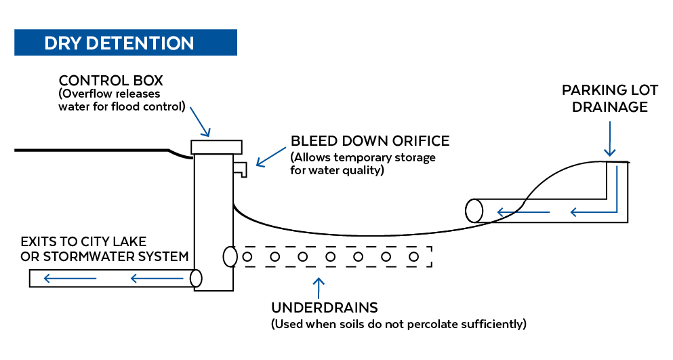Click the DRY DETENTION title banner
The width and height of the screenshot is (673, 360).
[x=125, y=43]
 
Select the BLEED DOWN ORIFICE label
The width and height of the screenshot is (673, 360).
[x=370, y=141]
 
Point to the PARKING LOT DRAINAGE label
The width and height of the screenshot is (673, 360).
[x=605, y=98]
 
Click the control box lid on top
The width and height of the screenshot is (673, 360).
[x=217, y=146]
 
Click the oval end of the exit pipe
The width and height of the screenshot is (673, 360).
[x=196, y=277]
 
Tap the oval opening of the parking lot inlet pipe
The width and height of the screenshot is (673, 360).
[x=474, y=211]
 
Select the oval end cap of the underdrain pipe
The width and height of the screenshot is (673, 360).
[x=230, y=256]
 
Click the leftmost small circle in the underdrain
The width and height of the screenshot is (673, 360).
[x=247, y=257]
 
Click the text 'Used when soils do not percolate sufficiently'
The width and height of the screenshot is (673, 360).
[x=399, y=324]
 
